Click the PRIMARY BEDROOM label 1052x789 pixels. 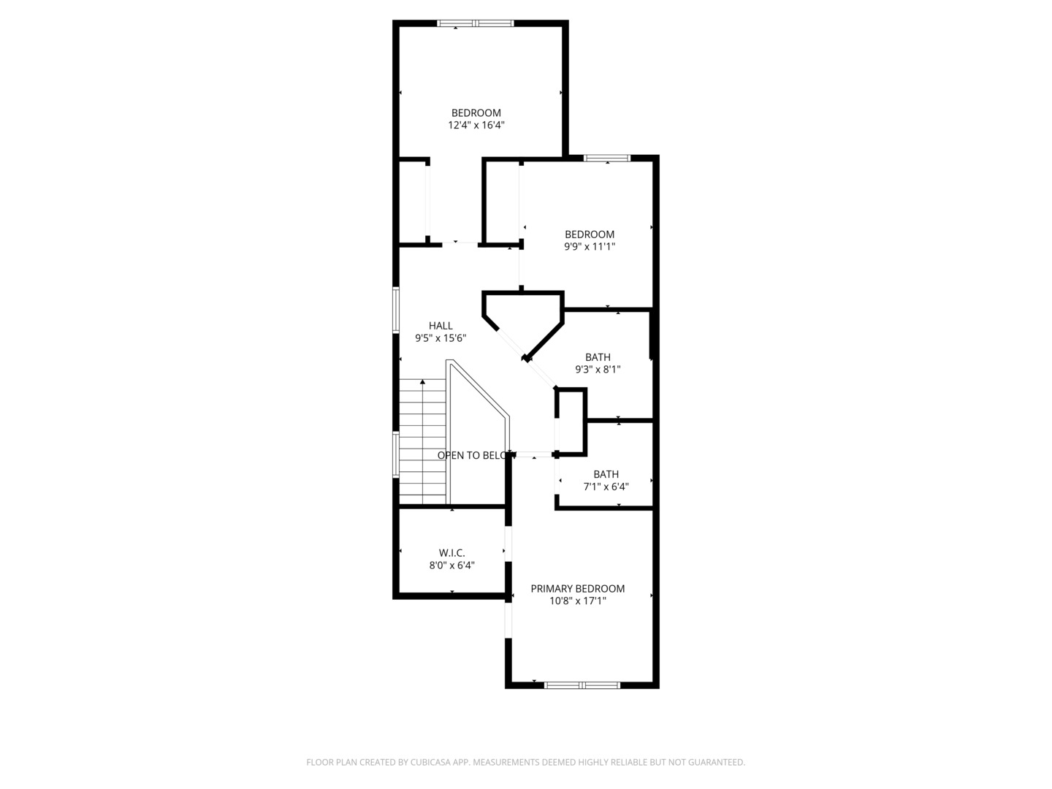coord(577,588)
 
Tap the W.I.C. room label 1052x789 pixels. coord(451,553)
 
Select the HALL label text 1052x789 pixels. coord(441,326)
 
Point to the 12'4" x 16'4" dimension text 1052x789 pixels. coord(476,125)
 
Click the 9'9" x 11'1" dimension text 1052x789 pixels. coord(589,247)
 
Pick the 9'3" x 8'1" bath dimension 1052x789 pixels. coord(598,370)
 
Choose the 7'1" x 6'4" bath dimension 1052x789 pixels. coord(606,487)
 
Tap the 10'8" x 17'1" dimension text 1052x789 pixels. coord(578,601)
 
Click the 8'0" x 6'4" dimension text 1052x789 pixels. coord(451,565)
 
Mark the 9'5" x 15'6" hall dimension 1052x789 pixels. coord(441,338)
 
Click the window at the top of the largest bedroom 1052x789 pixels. coord(475,23)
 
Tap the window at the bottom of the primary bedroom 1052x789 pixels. coord(582,685)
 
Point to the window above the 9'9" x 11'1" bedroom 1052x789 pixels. coord(607,158)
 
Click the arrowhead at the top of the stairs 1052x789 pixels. coord(423,382)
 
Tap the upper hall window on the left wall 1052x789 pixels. coord(396,310)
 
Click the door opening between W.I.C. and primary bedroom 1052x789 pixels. coord(508,544)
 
